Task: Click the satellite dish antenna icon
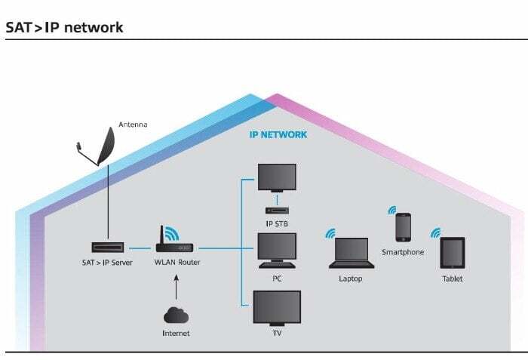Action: click(101, 147)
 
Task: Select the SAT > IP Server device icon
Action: click(108, 248)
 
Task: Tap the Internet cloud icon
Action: click(176, 315)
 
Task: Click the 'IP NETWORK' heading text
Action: click(278, 135)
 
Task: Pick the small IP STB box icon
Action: click(277, 210)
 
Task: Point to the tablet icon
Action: click(453, 252)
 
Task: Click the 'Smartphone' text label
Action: click(403, 252)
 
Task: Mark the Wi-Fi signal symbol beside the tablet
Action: click(434, 233)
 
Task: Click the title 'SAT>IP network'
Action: click(64, 27)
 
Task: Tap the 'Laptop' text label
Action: click(351, 278)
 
